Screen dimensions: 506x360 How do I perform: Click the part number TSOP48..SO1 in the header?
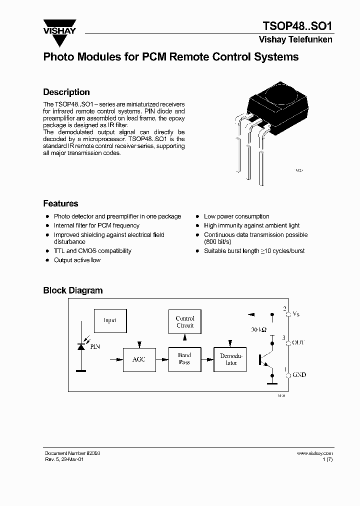pyautogui.click(x=297, y=25)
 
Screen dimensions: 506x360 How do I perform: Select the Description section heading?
pyautogui.click(x=66, y=92)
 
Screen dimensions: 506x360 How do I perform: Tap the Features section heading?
pyautogui.click(x=60, y=203)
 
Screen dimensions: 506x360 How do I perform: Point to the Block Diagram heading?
pyautogui.click(x=73, y=290)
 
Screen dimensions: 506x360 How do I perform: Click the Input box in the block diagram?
pyautogui.click(x=109, y=320)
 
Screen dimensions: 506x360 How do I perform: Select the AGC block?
pyautogui.click(x=138, y=359)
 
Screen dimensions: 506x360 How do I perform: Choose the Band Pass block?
pyautogui.click(x=184, y=359)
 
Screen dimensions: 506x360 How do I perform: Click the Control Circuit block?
pyautogui.click(x=185, y=321)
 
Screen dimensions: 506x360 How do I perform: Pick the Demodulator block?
pyautogui.click(x=230, y=359)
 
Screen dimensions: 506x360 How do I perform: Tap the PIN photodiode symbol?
pyautogui.click(x=80, y=346)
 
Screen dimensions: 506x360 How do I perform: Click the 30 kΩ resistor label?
pyautogui.click(x=259, y=330)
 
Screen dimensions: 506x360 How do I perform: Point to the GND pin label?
pyautogui.click(x=299, y=374)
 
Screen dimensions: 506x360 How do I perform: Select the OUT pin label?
pyautogui.click(x=298, y=342)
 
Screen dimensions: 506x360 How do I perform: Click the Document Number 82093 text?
pyautogui.click(x=72, y=453)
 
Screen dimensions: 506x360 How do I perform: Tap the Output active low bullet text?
pyautogui.click(x=77, y=260)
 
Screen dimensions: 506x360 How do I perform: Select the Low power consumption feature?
pyautogui.click(x=236, y=216)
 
